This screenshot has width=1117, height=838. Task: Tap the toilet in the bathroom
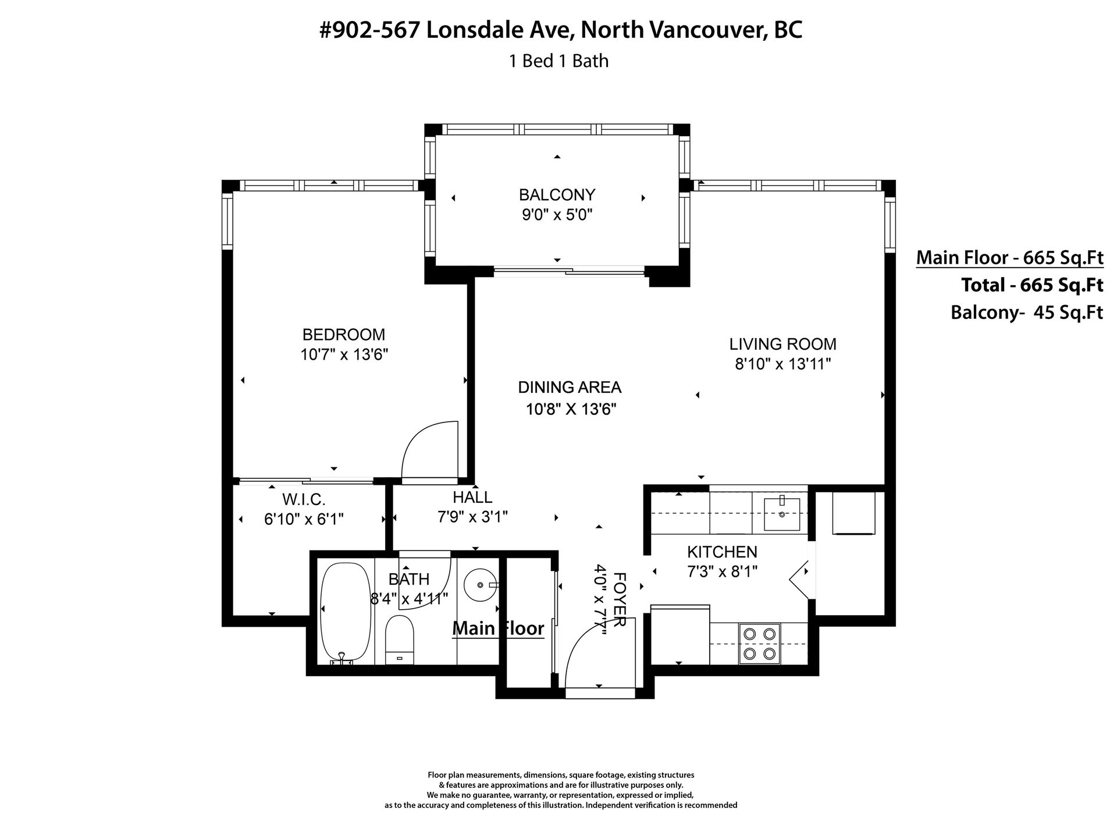(400, 640)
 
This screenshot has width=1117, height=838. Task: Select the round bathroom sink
(481, 584)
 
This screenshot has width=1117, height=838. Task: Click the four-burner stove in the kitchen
(759, 643)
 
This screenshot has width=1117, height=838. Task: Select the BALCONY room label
(557, 194)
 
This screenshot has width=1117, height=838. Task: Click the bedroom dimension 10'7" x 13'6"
(344, 355)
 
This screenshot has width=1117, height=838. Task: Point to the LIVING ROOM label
(782, 344)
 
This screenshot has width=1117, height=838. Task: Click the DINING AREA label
(570, 387)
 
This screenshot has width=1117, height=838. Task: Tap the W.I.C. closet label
(304, 499)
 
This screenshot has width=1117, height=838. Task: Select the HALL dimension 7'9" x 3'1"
(472, 516)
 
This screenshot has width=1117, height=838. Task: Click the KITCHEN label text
(722, 552)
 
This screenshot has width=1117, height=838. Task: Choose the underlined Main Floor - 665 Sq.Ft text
(1009, 257)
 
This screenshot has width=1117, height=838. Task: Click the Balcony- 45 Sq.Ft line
(1026, 313)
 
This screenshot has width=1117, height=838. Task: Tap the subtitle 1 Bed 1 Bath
(558, 61)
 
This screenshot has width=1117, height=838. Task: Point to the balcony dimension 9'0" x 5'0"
(557, 215)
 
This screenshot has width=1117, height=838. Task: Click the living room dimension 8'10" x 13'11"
(782, 364)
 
